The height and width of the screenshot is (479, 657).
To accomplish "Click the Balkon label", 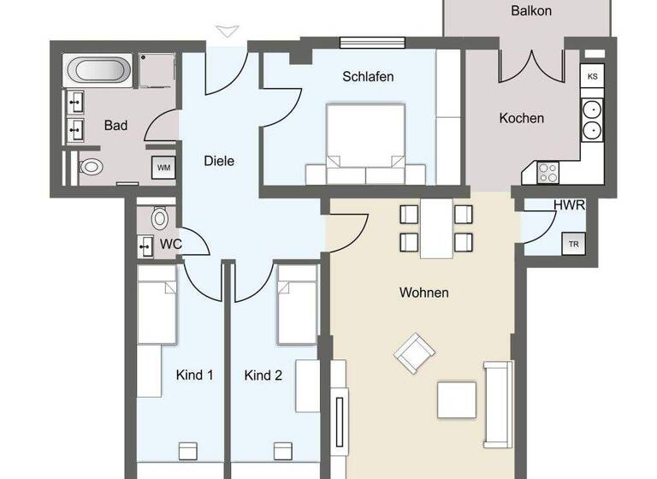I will click(x=530, y=11).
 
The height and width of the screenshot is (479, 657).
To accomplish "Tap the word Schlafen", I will click(x=368, y=77).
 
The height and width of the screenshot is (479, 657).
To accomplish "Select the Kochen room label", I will click(x=521, y=118).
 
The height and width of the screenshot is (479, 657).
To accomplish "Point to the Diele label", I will click(x=219, y=160).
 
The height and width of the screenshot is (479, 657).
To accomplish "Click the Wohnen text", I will click(x=423, y=293).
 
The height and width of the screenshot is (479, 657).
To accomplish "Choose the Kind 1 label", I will click(x=194, y=375).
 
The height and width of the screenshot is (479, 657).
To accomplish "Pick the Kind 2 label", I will click(x=263, y=375).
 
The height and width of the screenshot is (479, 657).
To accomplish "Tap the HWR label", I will click(x=569, y=205).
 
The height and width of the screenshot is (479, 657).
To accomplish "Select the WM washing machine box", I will click(x=164, y=168).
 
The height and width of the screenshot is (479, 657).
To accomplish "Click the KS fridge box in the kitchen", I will click(x=592, y=76).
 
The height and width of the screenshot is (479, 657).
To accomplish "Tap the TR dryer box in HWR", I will click(x=572, y=243).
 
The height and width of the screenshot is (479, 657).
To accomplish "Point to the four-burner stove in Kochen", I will click(x=547, y=170).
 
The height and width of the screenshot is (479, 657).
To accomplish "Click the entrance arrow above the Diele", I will click(x=226, y=33).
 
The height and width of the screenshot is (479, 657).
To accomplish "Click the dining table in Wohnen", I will click(x=437, y=228).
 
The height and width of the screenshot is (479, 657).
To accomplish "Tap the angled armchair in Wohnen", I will click(x=413, y=352).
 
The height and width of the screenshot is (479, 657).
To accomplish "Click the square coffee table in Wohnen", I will click(x=457, y=399).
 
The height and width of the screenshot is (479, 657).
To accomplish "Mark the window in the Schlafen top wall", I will click(x=372, y=42).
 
